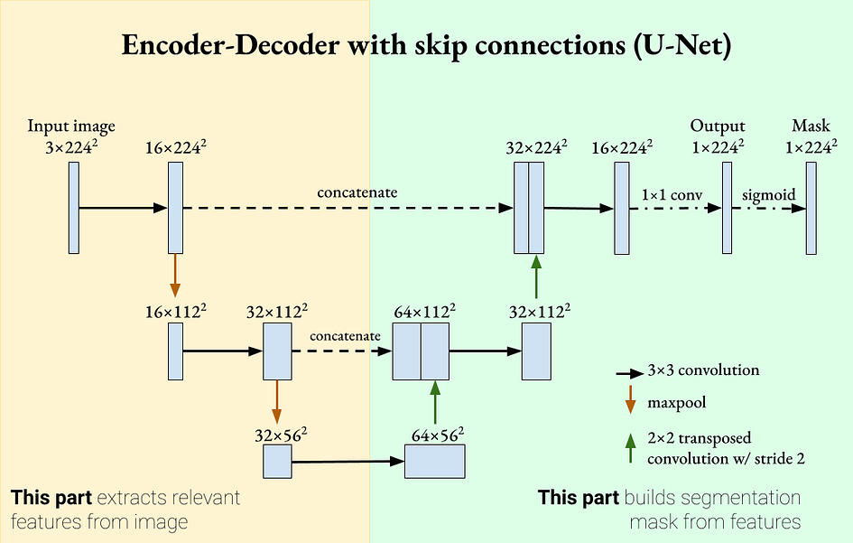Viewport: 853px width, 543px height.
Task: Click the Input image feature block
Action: pos(75,208)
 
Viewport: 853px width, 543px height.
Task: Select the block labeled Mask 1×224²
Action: pos(811,208)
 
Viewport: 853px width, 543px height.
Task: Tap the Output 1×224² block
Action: pos(727,208)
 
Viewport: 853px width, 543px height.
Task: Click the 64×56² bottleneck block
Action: pos(434,462)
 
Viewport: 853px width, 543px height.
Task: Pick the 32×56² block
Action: pos(277,462)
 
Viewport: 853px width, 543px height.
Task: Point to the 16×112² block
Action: pos(175,351)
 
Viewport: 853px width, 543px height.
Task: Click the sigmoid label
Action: pos(763,194)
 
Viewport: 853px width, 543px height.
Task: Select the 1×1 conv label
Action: pos(672,194)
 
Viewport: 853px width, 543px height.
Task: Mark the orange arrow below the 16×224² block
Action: pos(175,276)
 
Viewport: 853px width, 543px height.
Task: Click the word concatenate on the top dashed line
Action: pos(357,192)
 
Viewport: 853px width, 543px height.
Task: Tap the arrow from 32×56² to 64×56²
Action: pos(348,463)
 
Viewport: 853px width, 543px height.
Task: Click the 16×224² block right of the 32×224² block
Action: pos(621,208)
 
